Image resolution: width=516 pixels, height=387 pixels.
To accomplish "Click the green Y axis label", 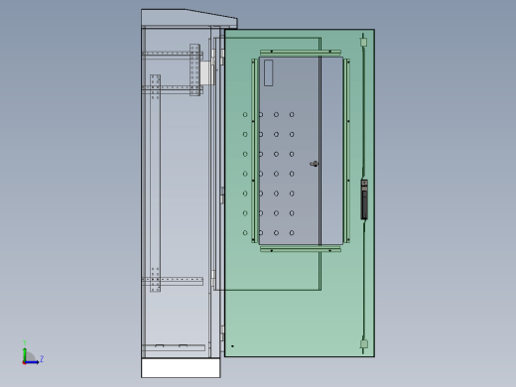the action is pyautogui.click(x=25, y=342).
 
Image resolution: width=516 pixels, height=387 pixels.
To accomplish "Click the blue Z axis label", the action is pyautogui.click(x=42, y=358).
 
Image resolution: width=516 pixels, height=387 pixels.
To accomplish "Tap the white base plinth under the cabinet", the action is pyautogui.click(x=181, y=367).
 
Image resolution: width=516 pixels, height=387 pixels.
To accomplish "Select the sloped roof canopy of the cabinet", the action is pyautogui.click(x=190, y=18).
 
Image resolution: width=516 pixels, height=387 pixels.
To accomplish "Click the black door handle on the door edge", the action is pyautogui.click(x=364, y=199).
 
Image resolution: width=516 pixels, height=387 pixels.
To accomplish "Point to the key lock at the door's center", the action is pyautogui.click(x=315, y=164).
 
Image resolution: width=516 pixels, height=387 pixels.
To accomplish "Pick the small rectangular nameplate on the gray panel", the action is pyautogui.click(x=269, y=72).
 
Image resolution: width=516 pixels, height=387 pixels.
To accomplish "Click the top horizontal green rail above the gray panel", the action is pyautogui.click(x=301, y=52).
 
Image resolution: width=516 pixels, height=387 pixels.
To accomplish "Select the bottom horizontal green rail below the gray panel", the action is pyautogui.click(x=301, y=249).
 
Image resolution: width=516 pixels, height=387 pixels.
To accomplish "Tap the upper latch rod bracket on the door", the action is pyautogui.click(x=363, y=42).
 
